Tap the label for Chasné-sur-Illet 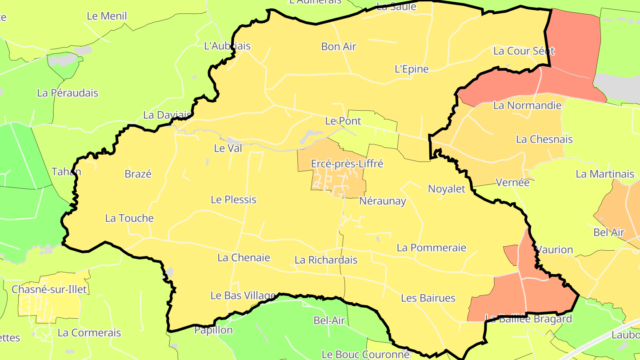[x=49, y=289]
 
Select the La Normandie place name [x=527, y=106]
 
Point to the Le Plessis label [x=233, y=200]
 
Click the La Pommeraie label [x=431, y=248]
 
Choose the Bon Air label [x=339, y=46]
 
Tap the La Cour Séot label [x=524, y=51]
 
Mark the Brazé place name [x=138, y=174]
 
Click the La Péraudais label [x=68, y=93]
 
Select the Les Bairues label [x=428, y=298]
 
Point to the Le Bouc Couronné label [x=365, y=354]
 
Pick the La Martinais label [x=605, y=174]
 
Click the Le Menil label [x=107, y=16]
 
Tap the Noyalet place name [x=446, y=189]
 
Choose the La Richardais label [x=326, y=260]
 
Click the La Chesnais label [x=544, y=139]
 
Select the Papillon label [x=213, y=330]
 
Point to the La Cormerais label [x=89, y=332]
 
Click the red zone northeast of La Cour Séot [x=573, y=40]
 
